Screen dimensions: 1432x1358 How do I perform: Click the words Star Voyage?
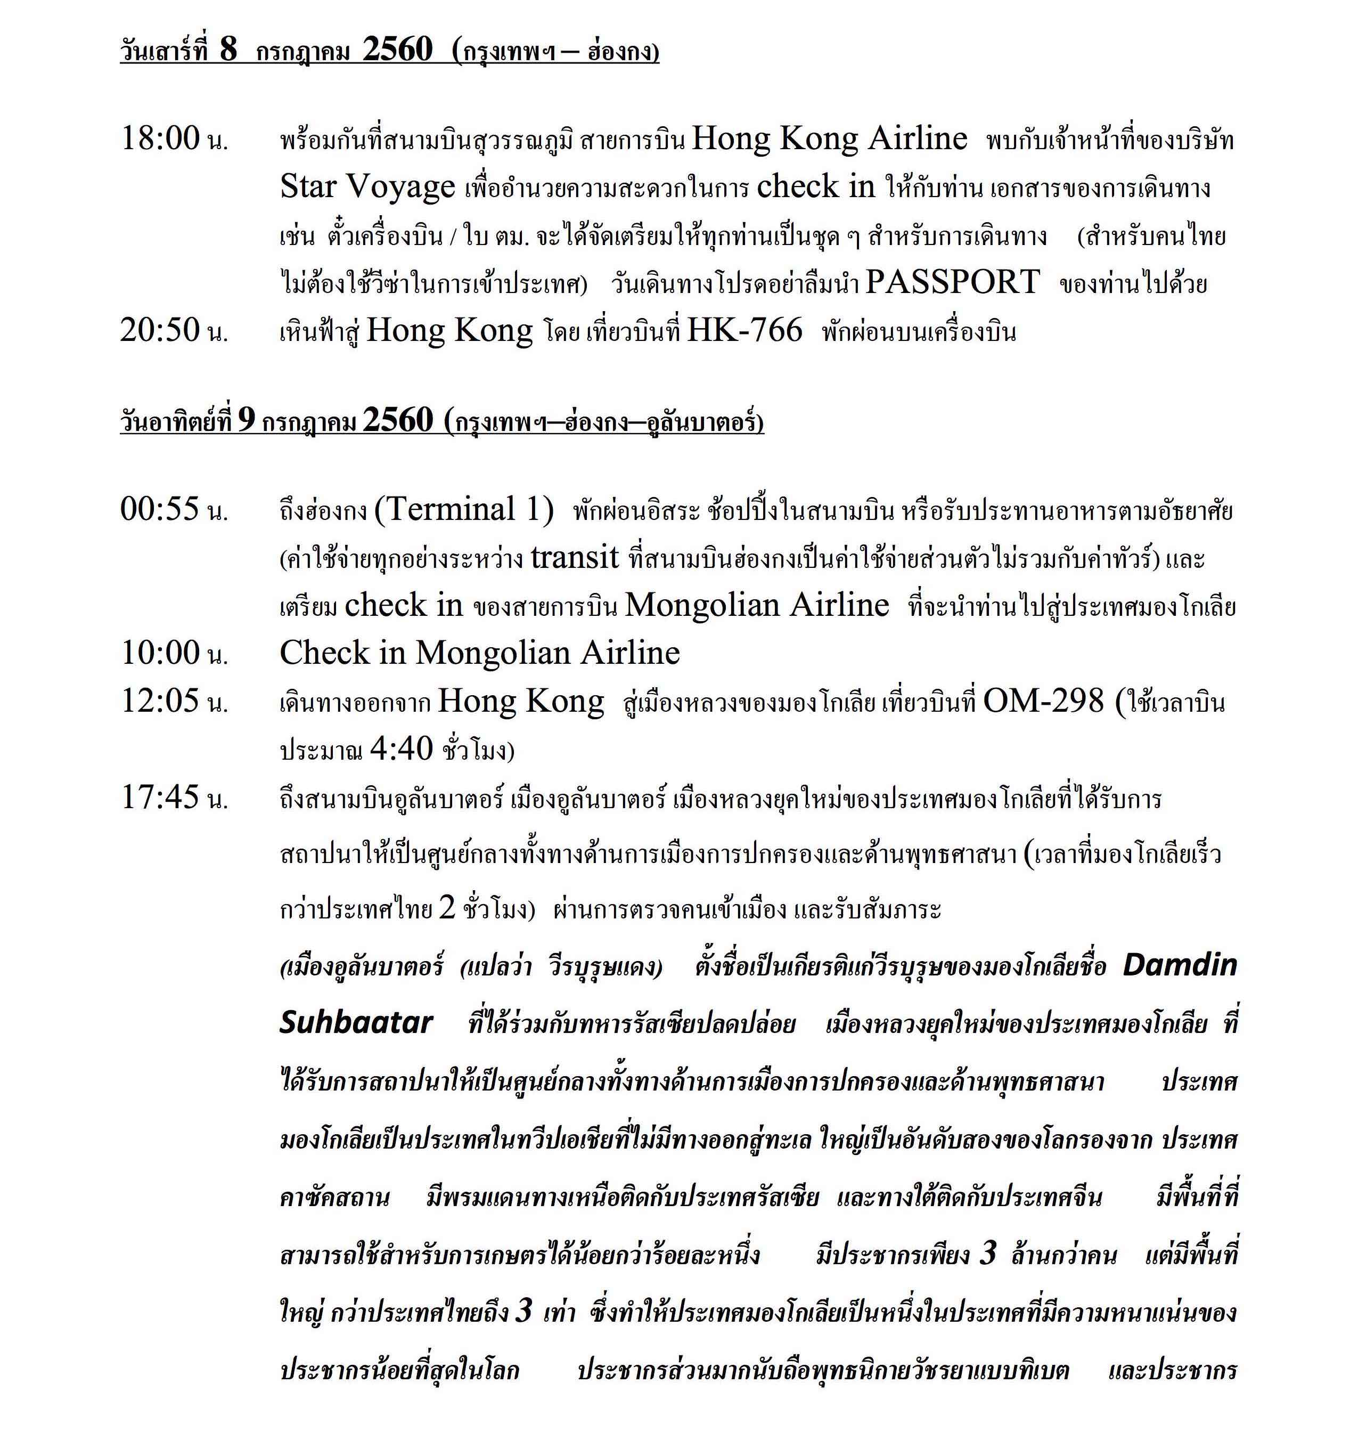point(367,188)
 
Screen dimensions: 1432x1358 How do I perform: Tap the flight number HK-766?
point(744,331)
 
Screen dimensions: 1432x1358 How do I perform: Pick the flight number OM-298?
point(1043,701)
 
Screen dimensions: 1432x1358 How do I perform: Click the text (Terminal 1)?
point(463,510)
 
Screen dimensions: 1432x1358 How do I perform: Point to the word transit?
point(575,557)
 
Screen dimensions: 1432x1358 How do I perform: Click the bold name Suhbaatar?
point(356,1022)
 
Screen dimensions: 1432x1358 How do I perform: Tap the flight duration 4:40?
point(401,748)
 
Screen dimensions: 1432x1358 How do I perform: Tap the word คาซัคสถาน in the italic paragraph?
point(334,1197)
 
